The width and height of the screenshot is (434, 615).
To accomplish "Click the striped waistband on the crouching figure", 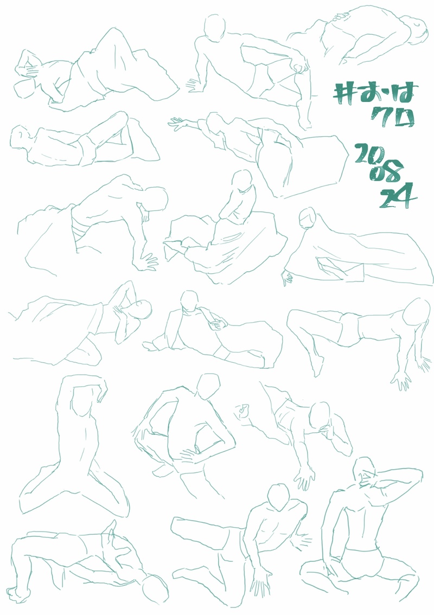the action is coord(79,229).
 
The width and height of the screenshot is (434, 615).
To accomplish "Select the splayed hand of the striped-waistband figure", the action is coord(147,261).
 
